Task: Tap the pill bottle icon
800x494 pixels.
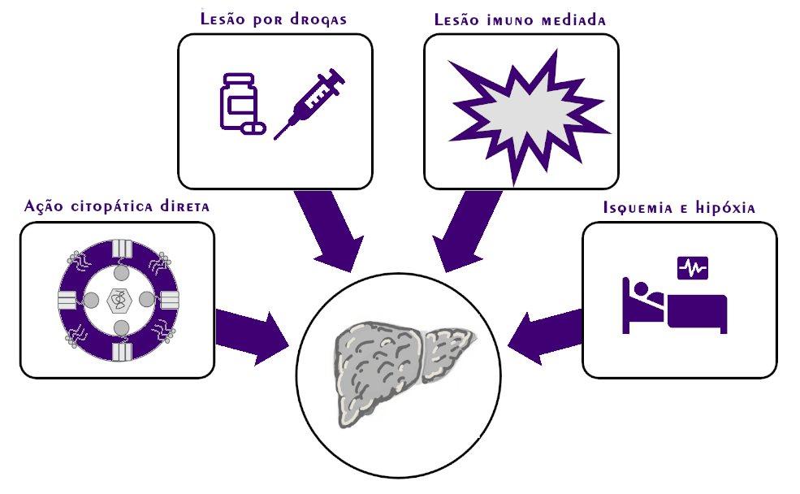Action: pyautogui.click(x=239, y=101)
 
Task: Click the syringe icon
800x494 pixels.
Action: pyautogui.click(x=309, y=102)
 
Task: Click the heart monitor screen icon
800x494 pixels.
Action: pyautogui.click(x=693, y=266)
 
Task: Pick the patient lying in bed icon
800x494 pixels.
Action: pyautogui.click(x=674, y=306)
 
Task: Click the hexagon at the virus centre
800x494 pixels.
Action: pyautogui.click(x=119, y=300)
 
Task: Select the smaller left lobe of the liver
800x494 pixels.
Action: pyautogui.click(x=447, y=349)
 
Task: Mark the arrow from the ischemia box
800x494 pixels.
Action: pyautogui.click(x=548, y=331)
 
